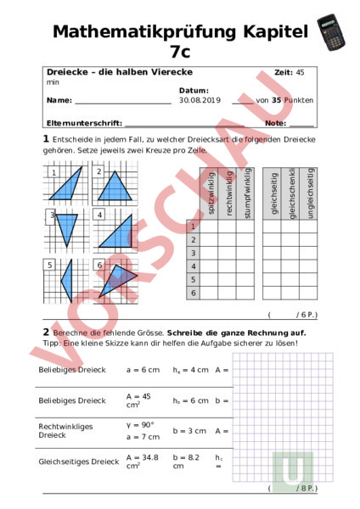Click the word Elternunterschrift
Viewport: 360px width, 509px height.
point(84,124)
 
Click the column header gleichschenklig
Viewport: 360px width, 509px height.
point(291,193)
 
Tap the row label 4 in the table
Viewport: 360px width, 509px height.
point(194,266)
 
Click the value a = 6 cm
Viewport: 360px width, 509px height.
point(143,370)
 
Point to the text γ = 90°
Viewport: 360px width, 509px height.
point(138,425)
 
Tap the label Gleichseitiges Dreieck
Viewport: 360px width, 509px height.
point(78,461)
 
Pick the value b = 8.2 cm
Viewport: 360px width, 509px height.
point(186,461)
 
